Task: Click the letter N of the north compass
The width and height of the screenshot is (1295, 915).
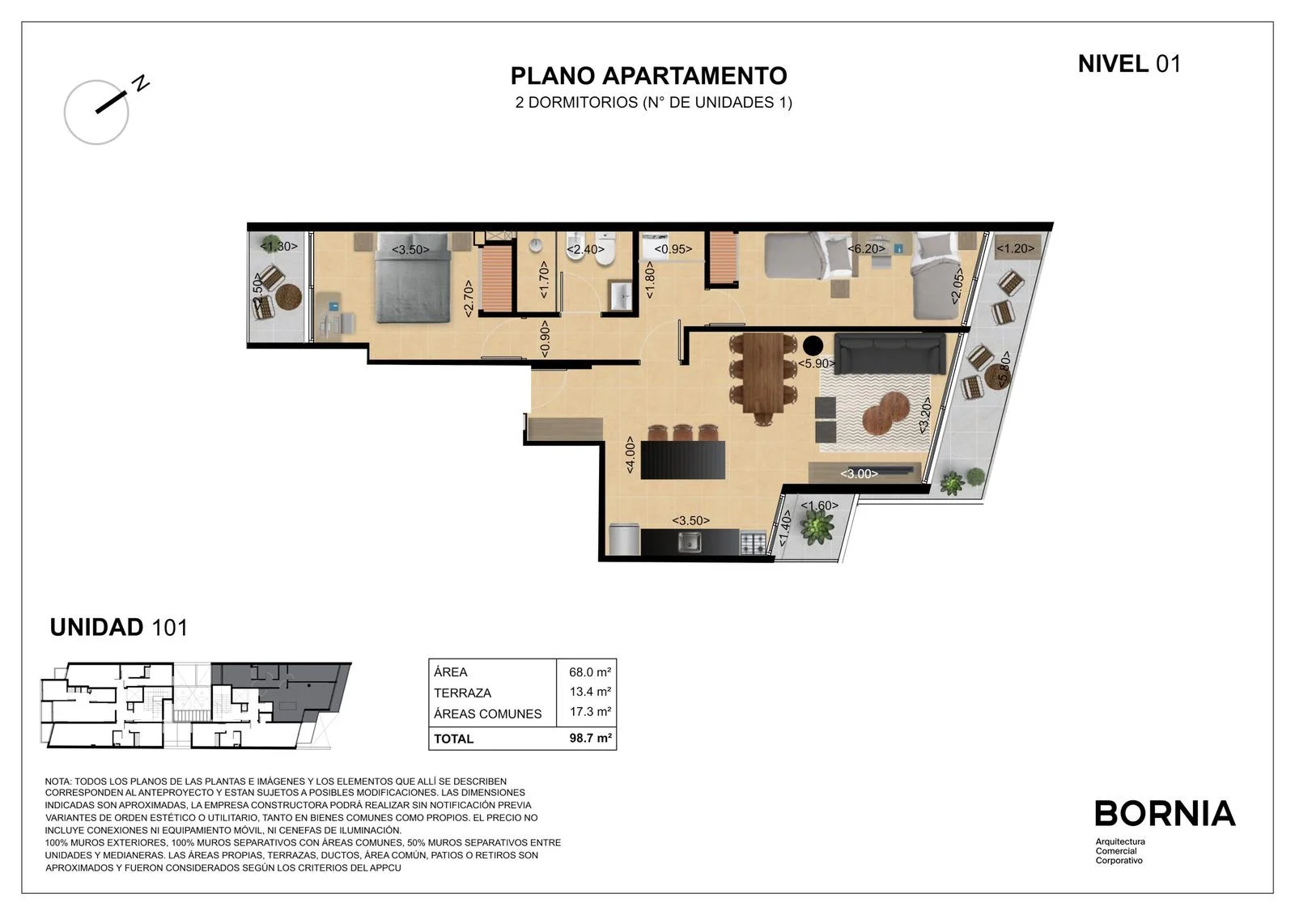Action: coord(141,83)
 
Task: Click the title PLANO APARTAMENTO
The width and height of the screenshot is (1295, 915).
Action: coord(648,76)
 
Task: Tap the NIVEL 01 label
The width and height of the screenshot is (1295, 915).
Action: coord(1129,64)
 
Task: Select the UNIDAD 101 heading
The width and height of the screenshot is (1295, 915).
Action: coord(119,627)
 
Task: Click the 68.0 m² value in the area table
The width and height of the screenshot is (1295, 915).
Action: coord(590,671)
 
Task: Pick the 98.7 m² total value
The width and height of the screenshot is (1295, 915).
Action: coord(590,738)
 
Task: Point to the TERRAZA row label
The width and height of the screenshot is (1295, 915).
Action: coord(462,693)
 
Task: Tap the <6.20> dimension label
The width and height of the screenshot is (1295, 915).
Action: coord(866,248)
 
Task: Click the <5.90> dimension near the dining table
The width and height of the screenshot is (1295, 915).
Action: coord(817,363)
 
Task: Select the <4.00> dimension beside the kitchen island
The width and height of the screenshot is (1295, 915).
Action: coord(631,455)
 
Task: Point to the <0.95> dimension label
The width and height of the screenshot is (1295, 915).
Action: coord(673,249)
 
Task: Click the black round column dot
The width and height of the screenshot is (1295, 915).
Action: coord(813,345)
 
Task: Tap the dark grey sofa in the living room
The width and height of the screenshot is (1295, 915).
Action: coord(890,354)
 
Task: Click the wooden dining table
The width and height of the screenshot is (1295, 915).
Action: coord(763,373)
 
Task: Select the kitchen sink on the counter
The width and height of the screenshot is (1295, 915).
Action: coord(689,541)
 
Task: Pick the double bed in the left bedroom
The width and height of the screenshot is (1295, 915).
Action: coord(412,278)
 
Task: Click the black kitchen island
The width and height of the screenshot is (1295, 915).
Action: coord(683,460)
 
